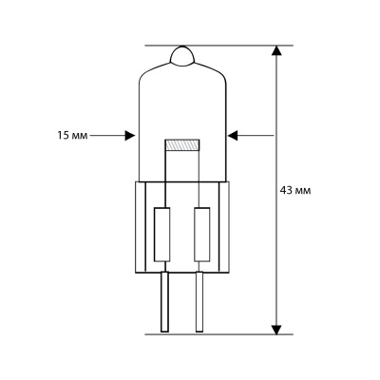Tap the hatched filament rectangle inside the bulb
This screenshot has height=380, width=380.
183,146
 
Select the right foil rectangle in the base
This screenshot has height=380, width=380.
200,235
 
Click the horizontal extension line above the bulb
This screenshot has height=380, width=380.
218,45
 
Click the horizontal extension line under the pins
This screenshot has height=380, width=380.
218,333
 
